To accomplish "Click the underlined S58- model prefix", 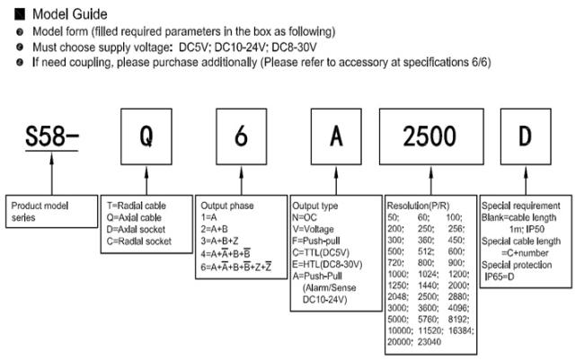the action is click(52, 137).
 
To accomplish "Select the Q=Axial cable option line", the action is click(134, 217).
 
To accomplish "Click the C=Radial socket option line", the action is click(139, 241).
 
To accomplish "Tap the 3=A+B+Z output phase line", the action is click(219, 241).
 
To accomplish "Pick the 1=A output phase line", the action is click(208, 217).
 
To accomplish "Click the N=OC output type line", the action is click(305, 217).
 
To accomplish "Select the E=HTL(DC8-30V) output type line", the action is click(327, 264).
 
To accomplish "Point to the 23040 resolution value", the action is click(429, 342).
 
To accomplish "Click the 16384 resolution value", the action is click(461, 330).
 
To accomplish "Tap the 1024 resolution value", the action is click(428, 275).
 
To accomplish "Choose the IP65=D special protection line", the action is click(499, 277).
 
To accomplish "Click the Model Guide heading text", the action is click(70, 14).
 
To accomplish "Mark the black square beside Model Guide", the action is click(20, 14).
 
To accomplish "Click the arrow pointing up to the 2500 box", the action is click(431, 180).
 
